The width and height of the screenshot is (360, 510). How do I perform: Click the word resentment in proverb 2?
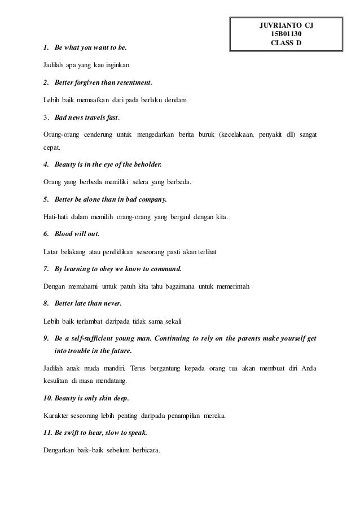134,82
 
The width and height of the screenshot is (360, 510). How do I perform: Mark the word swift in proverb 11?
75,433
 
